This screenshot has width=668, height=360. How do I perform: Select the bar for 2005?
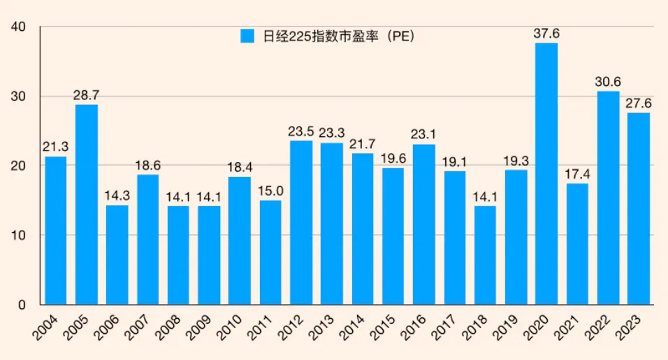tap(87, 204)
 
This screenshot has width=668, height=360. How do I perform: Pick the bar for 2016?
tap(423, 224)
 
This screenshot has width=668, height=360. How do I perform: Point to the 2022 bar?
tap(608, 198)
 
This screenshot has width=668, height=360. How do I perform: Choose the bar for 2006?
tap(117, 254)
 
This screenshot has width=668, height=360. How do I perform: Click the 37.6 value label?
tap(546, 34)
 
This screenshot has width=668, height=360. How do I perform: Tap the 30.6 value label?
tap(608, 82)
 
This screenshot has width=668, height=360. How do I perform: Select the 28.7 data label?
tap(87, 95)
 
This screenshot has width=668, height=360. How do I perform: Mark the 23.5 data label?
tap(301, 131)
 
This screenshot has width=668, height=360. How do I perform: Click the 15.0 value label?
tap(270, 191)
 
